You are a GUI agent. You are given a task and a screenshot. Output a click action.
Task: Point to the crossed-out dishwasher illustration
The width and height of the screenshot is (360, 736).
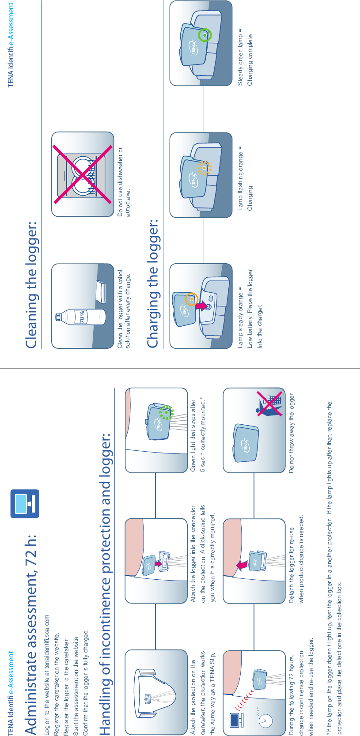click(83, 174)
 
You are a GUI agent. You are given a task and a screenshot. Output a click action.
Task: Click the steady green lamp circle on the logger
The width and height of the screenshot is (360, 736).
click(205, 35)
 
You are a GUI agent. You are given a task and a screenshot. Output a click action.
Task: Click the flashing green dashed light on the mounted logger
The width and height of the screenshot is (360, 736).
click(167, 412)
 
